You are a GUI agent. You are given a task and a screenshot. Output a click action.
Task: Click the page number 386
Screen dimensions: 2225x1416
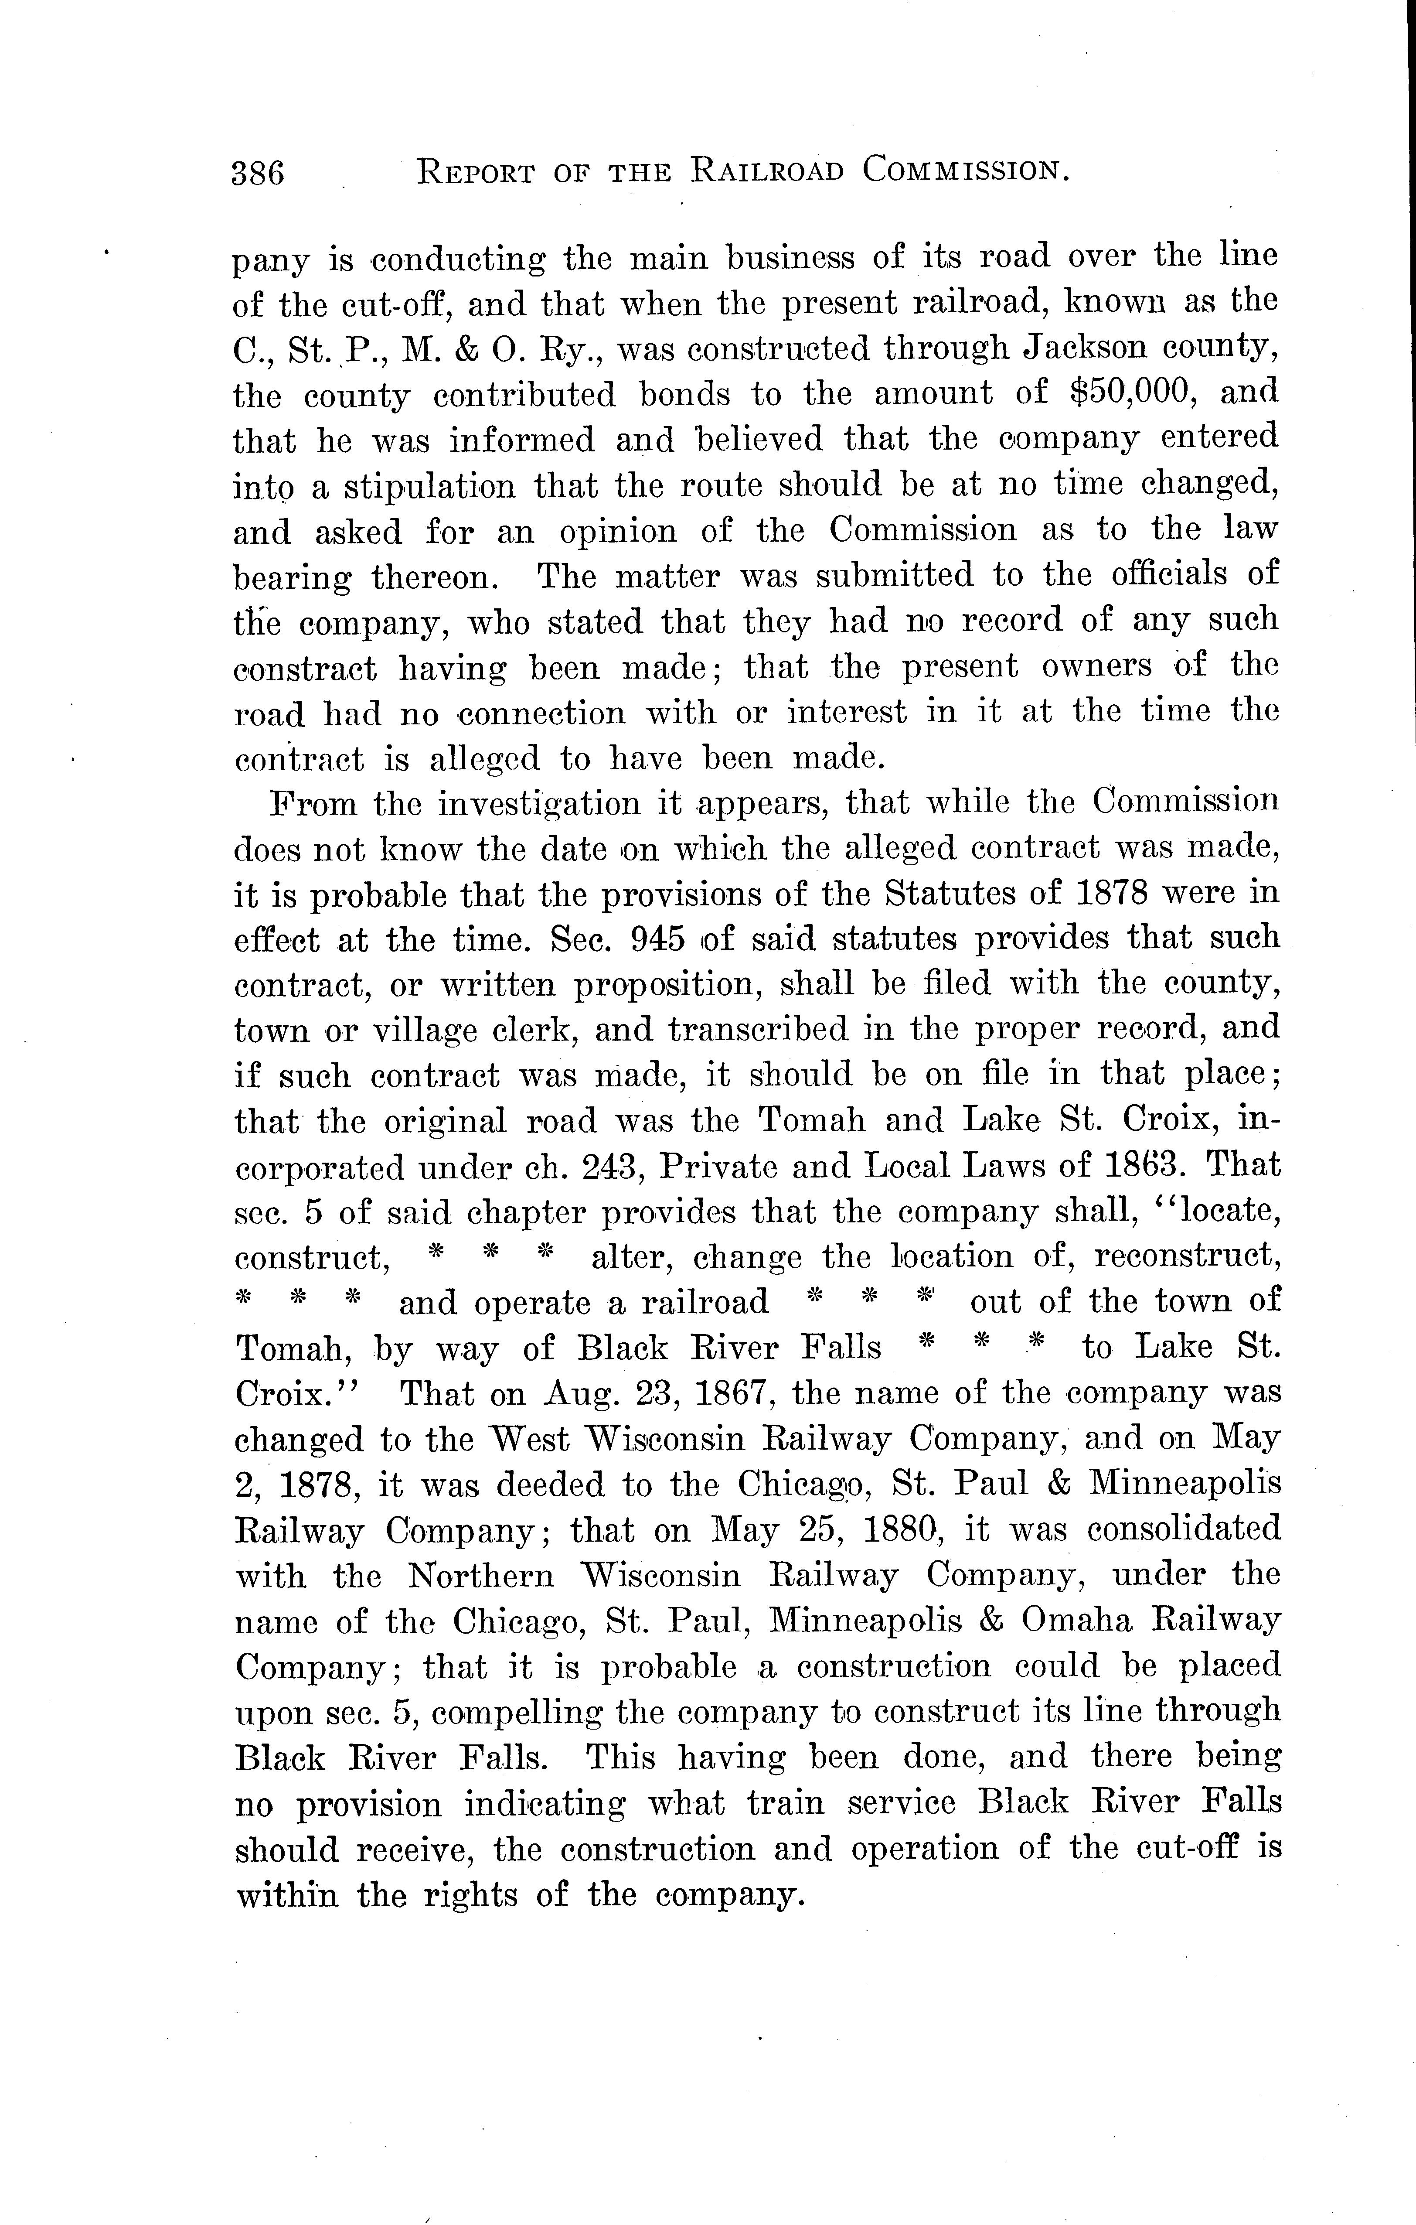point(259,173)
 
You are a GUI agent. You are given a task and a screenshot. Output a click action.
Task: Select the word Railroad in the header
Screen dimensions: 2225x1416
point(767,171)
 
